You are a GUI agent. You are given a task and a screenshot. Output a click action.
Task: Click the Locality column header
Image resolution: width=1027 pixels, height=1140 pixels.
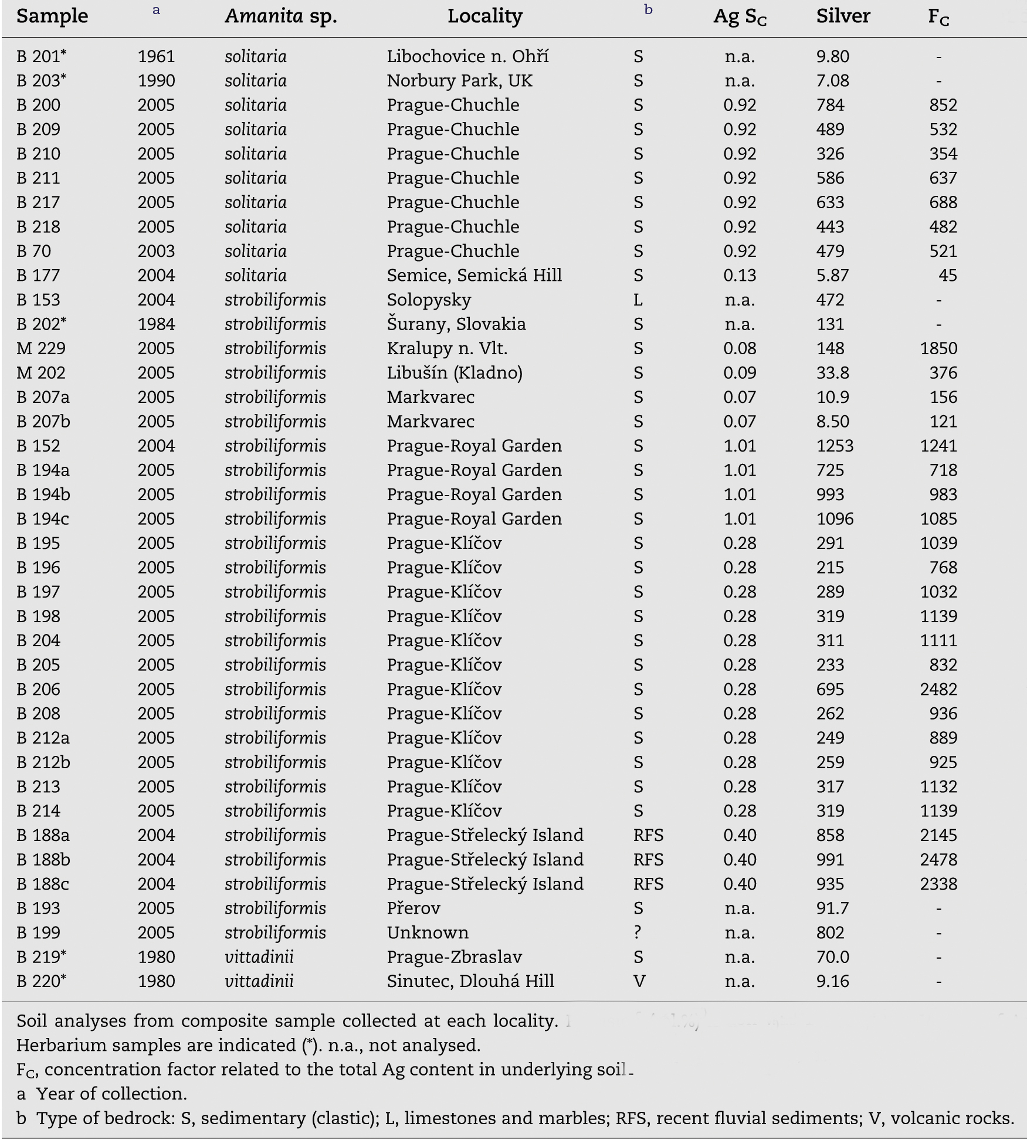pos(484,16)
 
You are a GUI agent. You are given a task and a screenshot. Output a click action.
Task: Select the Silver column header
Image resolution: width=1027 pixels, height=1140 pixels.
pos(842,16)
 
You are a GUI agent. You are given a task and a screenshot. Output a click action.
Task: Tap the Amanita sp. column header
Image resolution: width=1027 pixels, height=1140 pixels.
pos(281,16)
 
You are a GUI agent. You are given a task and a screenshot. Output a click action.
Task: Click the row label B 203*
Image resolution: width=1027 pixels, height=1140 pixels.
pos(41,80)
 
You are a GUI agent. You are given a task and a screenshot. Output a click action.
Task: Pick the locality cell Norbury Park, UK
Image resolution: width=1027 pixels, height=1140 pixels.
pos(459,80)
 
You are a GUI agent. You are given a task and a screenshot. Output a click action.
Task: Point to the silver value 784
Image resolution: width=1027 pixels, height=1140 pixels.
pos(830,105)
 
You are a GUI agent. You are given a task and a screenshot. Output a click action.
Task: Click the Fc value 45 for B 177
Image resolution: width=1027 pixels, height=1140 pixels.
pos(947,276)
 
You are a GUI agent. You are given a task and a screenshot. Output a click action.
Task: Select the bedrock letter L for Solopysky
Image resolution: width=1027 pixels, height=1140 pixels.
pos(638,300)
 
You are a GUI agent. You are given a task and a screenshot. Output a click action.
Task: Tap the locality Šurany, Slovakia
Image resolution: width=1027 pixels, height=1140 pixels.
pos(456,324)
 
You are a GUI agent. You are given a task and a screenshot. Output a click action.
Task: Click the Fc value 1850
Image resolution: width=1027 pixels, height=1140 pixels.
pos(938,349)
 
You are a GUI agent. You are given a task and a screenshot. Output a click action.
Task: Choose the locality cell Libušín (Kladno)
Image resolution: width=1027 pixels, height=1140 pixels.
pos(454,373)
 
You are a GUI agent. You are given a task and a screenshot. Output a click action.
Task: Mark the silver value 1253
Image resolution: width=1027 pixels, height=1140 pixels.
pos(835,446)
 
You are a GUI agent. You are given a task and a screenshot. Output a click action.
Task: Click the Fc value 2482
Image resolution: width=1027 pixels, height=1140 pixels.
pos(938,690)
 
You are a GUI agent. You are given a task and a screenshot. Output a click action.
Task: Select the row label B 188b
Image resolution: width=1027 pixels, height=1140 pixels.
pos(43,860)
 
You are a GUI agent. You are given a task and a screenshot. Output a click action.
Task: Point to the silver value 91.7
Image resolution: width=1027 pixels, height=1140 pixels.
pos(832,908)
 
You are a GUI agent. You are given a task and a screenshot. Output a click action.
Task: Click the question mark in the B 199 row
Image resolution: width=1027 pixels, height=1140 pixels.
pos(638,933)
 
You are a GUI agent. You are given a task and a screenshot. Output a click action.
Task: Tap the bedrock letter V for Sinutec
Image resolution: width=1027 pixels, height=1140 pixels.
pos(639,982)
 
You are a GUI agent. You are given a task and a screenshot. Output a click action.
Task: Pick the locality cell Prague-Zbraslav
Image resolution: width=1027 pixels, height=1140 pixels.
pos(454,957)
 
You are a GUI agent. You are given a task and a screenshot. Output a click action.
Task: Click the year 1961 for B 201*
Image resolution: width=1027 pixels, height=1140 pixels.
pos(156,56)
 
